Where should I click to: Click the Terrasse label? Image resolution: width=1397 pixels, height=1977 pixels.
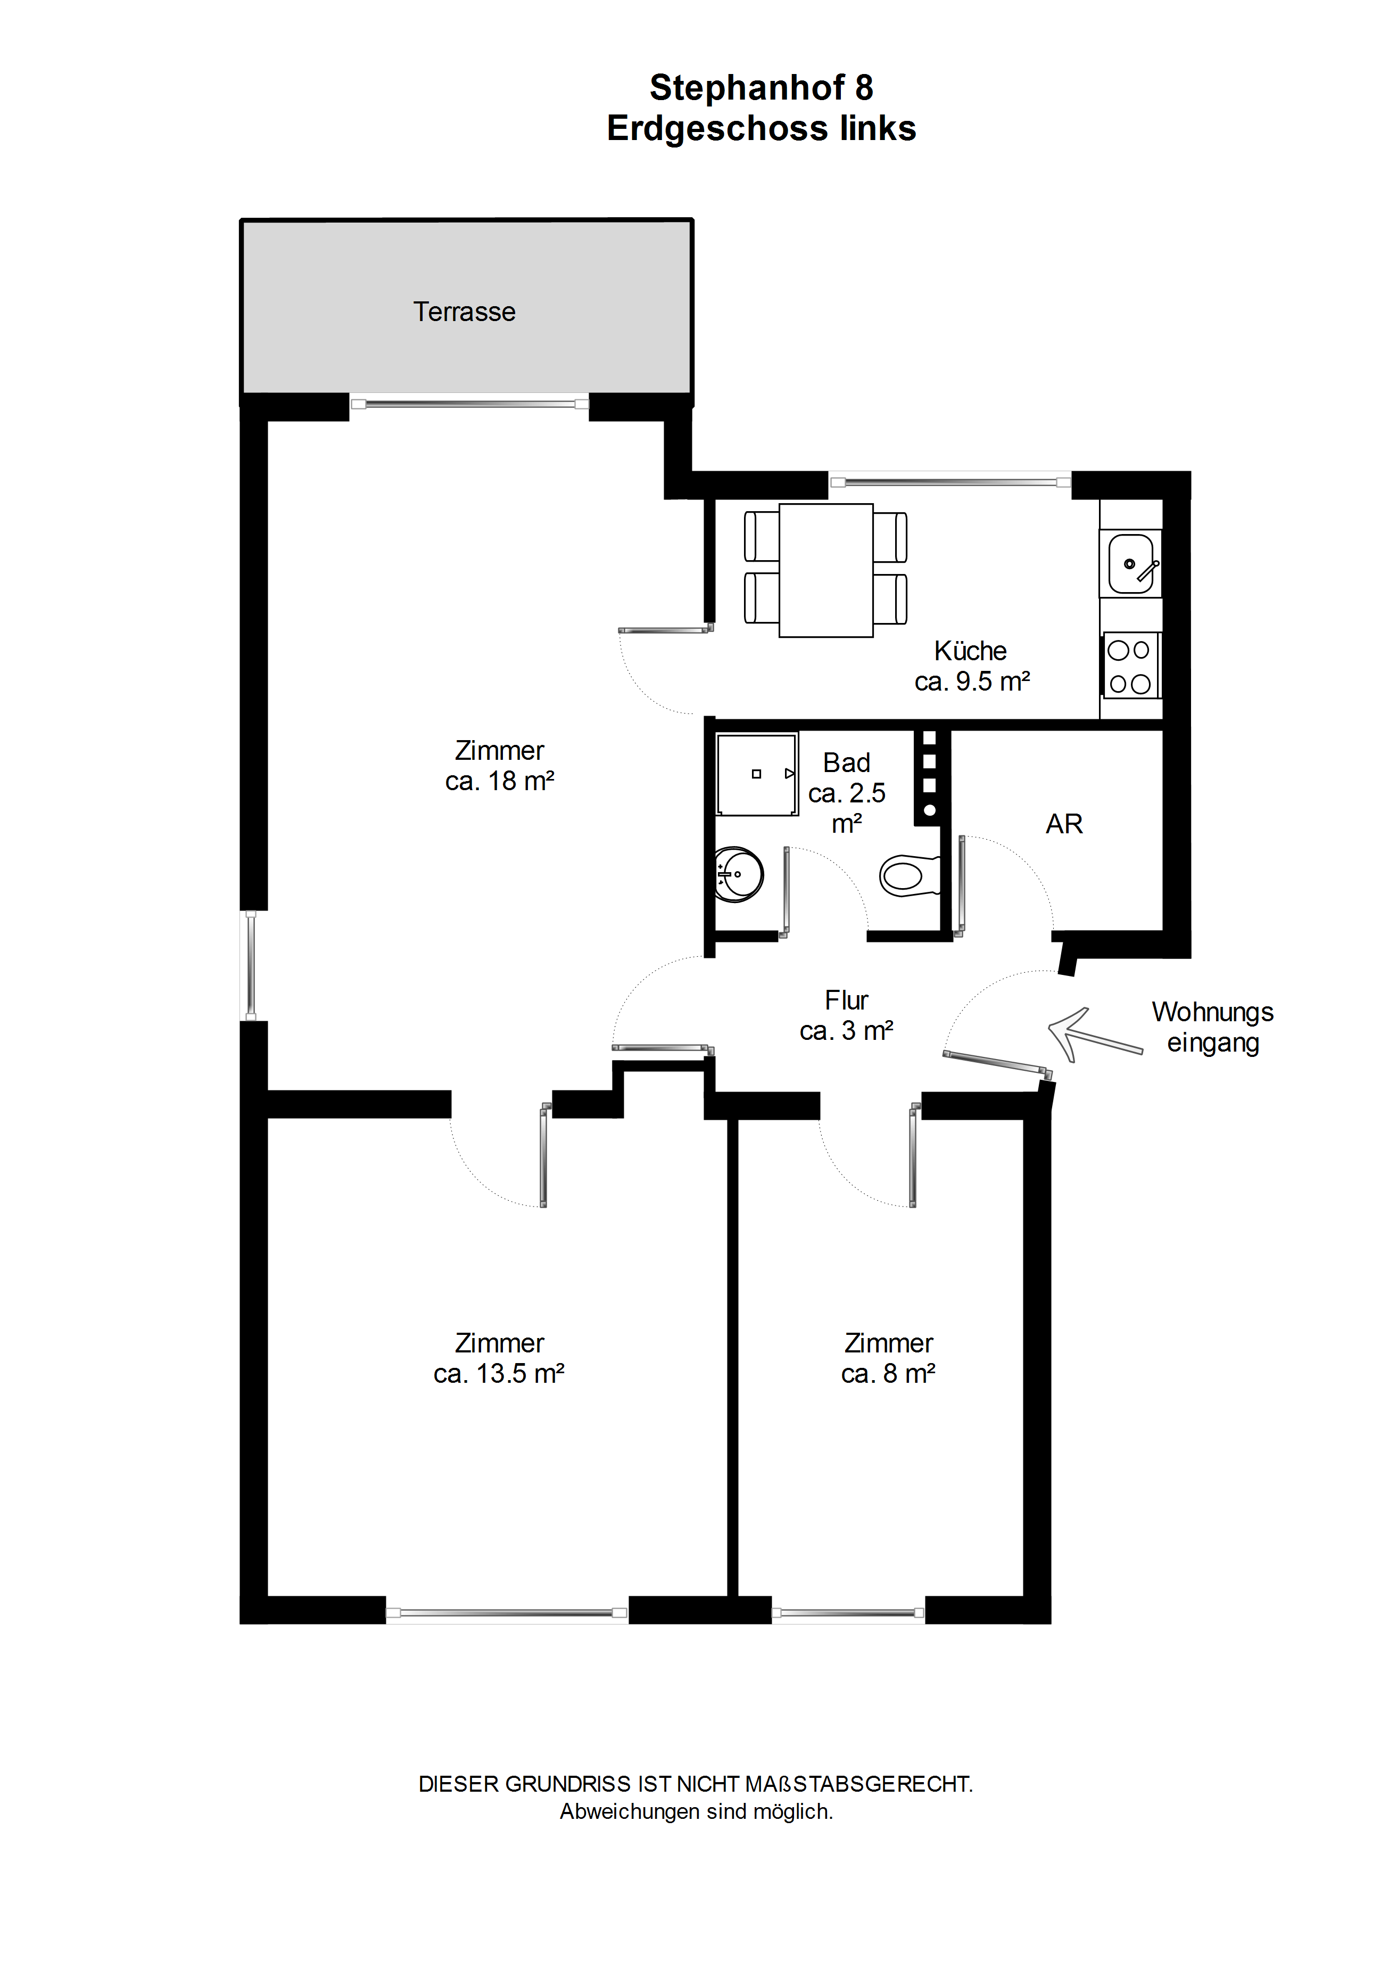coord(464,311)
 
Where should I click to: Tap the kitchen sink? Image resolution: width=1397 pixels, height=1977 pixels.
coord(1131,564)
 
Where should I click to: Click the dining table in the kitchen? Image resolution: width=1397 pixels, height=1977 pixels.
coord(826,571)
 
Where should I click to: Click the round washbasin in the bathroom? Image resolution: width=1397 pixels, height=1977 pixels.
coord(739,875)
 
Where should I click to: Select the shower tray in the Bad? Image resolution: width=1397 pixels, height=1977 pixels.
coord(757,774)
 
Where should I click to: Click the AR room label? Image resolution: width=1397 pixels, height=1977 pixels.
coord(1064,824)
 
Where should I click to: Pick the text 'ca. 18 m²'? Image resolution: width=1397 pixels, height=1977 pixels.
coord(499,781)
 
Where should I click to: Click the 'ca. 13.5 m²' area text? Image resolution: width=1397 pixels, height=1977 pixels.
coord(499,1373)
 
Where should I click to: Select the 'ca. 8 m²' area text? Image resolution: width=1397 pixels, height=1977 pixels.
coord(888,1373)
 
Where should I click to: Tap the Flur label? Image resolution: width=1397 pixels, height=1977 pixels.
coord(846,1000)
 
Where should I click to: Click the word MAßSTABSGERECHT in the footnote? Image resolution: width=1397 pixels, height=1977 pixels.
coord(858,1784)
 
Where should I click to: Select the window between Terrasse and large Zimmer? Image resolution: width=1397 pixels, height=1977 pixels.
coord(469,403)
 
